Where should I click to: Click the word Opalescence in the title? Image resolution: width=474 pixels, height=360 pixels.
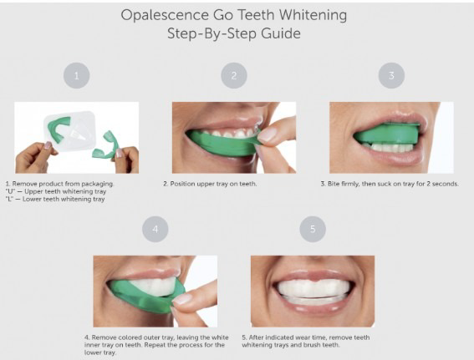point(165,15)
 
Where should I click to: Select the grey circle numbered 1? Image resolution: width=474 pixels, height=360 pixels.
point(76,75)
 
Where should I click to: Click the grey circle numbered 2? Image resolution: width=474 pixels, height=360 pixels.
point(234,75)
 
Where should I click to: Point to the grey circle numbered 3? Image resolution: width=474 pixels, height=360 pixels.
point(391,75)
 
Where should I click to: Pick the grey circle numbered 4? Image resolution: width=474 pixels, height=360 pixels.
point(155,229)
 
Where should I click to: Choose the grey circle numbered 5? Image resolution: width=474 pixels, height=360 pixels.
point(313,229)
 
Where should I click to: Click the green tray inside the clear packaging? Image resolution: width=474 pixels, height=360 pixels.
point(58,129)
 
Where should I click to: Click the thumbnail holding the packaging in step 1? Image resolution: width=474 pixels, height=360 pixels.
point(48,145)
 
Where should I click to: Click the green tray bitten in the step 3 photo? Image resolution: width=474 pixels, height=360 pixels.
point(387,133)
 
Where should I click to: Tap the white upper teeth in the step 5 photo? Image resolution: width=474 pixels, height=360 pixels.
point(313,287)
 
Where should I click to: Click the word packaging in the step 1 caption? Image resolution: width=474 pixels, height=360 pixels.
point(97,184)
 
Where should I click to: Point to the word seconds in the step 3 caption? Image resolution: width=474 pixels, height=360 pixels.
point(446,184)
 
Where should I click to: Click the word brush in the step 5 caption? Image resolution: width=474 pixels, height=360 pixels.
point(313,345)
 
